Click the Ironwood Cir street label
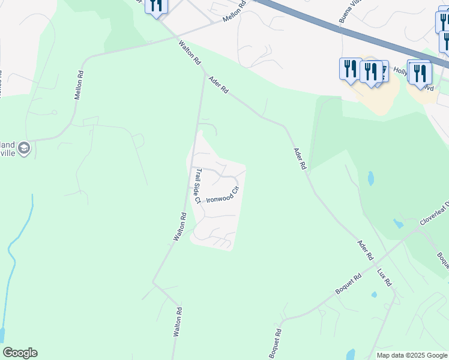[223, 194]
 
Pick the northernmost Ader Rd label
[218, 84]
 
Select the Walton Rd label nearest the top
[189, 53]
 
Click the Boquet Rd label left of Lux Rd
[348, 287]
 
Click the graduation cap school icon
[24, 148]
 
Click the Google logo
[20, 353]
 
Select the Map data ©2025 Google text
[411, 355]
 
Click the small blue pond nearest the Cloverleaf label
[398, 223]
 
